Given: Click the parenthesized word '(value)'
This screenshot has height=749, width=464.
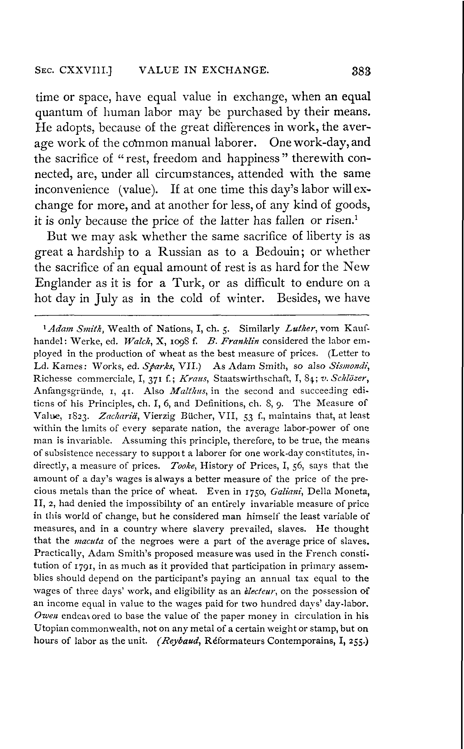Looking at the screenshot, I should [x=138, y=190].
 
